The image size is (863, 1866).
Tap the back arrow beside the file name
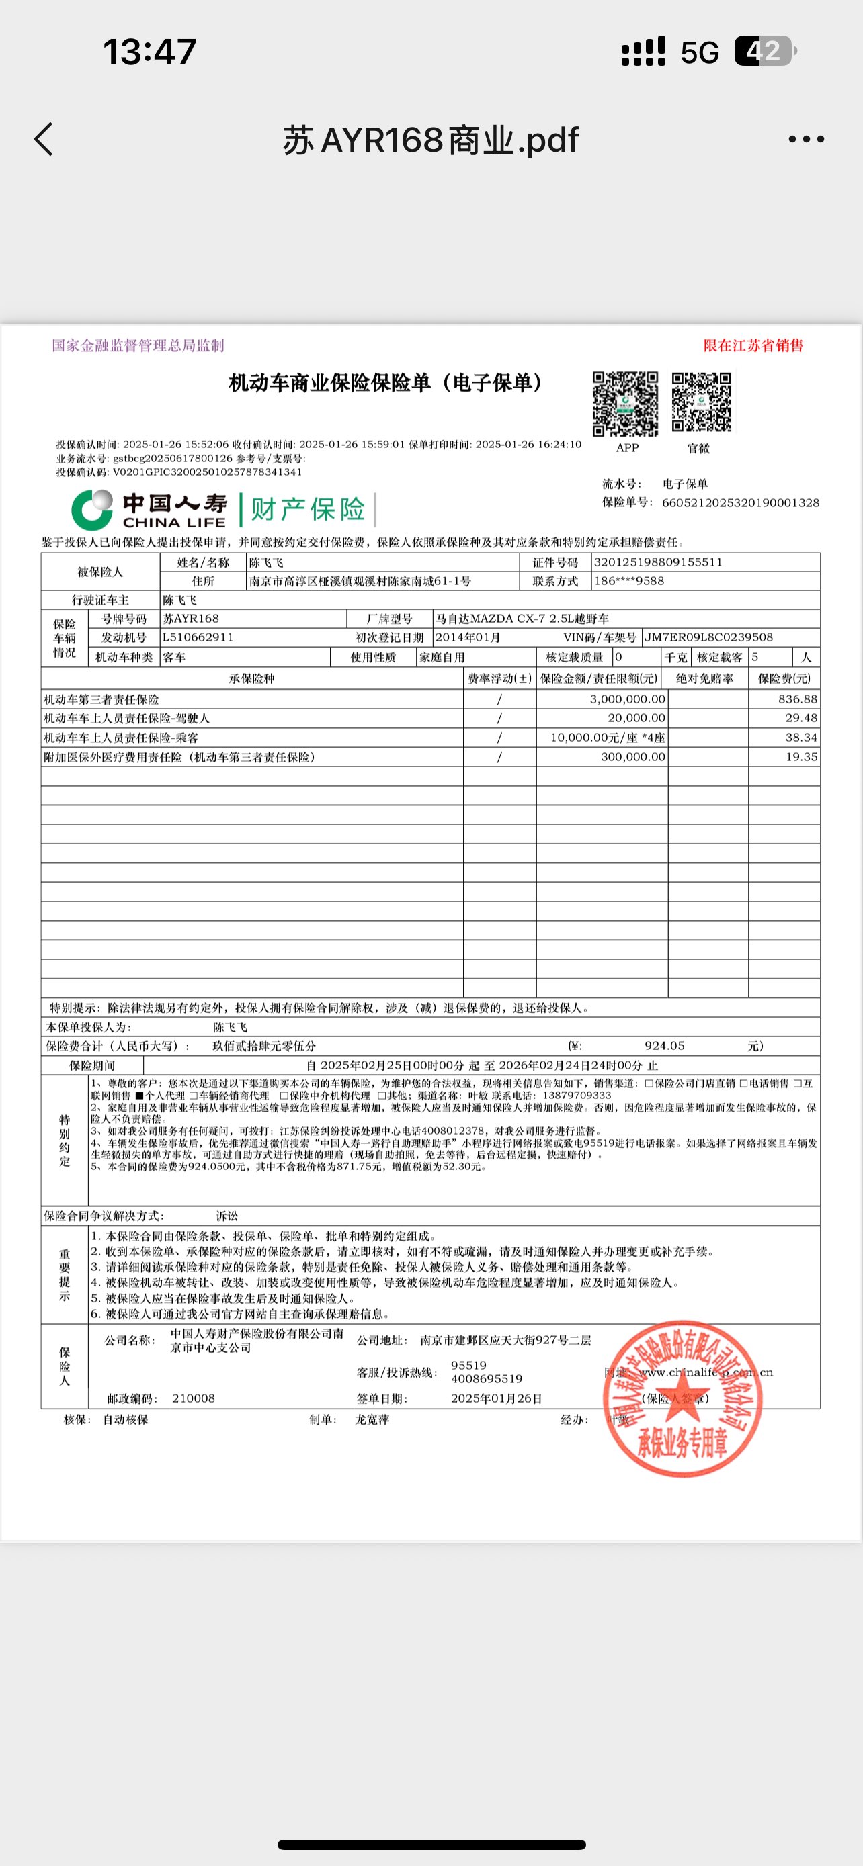(44, 139)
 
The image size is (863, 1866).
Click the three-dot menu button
(806, 139)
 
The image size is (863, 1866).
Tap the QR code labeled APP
(625, 404)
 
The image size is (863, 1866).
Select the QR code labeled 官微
(701, 403)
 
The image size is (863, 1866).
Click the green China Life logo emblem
(92, 509)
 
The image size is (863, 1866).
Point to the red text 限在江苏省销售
(753, 345)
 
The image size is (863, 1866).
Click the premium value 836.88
(797, 699)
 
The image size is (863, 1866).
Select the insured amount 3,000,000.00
(628, 699)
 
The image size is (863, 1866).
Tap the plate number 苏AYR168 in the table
(191, 619)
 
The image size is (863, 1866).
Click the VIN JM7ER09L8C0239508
(708, 637)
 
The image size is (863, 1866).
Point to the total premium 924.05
(665, 1046)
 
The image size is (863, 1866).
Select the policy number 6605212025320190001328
(740, 502)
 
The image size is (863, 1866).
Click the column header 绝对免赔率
(704, 678)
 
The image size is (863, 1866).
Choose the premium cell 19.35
(801, 757)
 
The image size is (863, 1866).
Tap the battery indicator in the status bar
(764, 52)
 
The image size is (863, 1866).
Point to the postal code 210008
(194, 1398)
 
